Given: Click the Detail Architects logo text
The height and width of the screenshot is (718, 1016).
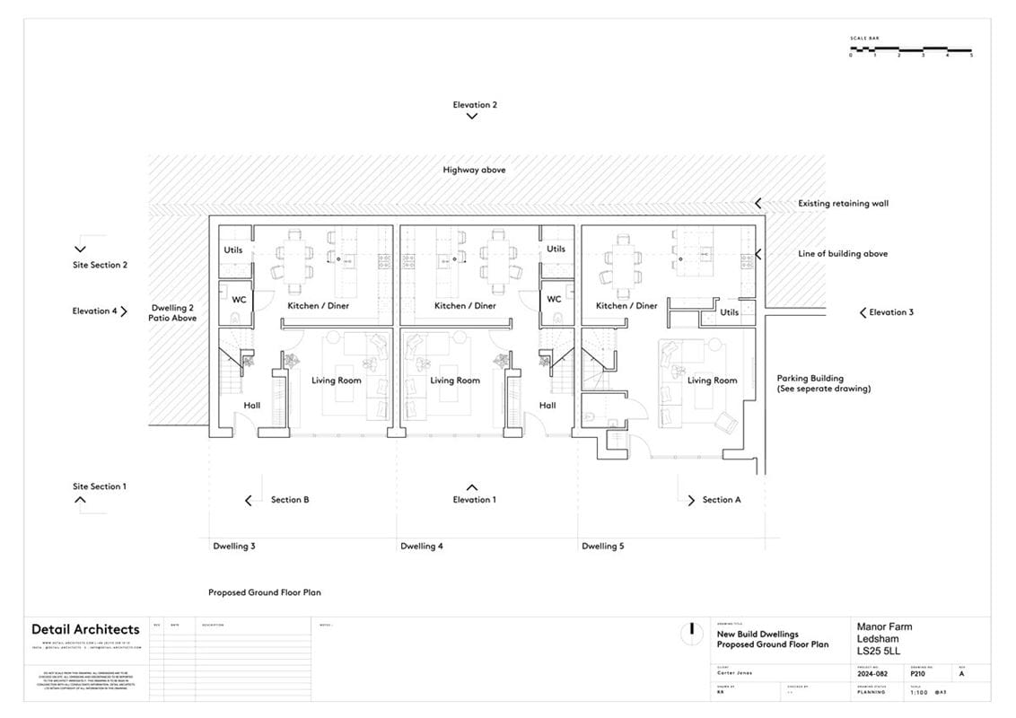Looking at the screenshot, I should point(85,629).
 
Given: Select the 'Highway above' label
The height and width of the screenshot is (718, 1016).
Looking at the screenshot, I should point(474,170).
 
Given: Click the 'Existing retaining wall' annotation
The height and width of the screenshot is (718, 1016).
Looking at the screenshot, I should point(843,204).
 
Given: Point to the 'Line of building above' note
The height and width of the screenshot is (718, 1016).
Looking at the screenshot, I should point(843,254).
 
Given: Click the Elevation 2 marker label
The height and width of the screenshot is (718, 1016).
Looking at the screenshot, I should point(475,105).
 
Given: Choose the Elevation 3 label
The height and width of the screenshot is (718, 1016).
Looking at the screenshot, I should point(891,312).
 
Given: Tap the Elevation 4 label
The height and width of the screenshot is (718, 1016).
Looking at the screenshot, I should point(95,311).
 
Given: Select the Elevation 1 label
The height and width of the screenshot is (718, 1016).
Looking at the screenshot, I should point(474,500).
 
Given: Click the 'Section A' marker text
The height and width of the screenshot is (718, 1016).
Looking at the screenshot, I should point(721,500).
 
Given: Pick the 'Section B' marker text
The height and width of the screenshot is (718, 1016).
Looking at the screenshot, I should point(290,500).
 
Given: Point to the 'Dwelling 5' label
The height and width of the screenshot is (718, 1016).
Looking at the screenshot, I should point(603,546).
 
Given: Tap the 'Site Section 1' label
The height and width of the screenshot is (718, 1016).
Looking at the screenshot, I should point(100,486).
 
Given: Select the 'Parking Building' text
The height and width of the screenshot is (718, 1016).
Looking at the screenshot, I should point(810,379).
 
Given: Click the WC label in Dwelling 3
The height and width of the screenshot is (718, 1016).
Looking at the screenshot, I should point(239,300).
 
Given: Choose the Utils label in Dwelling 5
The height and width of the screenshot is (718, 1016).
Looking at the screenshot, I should point(729,312).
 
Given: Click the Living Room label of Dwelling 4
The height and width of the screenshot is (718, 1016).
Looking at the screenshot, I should point(455,381).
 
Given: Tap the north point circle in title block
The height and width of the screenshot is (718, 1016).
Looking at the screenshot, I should point(691,633).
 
